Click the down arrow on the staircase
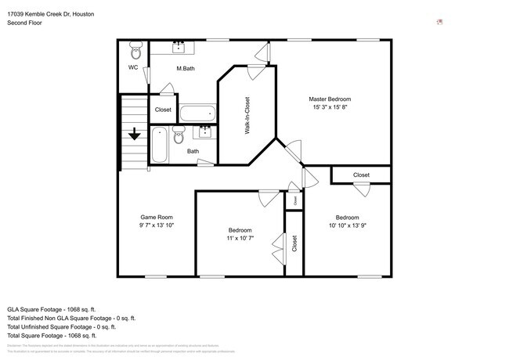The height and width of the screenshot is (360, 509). click(x=135, y=135)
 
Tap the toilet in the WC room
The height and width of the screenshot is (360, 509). click(x=135, y=52)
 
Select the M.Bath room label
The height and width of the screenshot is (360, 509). click(x=186, y=69)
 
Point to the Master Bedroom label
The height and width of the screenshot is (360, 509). click(x=330, y=99)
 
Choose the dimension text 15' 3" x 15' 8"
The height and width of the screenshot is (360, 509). click(x=330, y=108)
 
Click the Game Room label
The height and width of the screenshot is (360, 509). click(x=157, y=217)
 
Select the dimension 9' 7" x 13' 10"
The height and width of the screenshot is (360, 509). click(x=157, y=225)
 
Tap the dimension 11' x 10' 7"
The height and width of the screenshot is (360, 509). click(x=240, y=239)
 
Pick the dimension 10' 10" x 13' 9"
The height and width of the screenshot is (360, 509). click(x=347, y=225)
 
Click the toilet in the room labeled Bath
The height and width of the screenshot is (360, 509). click(x=178, y=135)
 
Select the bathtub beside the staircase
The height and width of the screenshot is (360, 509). click(x=159, y=146)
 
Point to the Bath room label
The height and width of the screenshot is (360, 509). click(x=193, y=151)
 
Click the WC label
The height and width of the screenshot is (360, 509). click(x=133, y=67)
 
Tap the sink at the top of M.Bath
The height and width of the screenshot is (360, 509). click(x=179, y=46)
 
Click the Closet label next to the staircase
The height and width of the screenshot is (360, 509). click(x=163, y=110)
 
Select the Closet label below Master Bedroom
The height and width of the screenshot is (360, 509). click(x=361, y=175)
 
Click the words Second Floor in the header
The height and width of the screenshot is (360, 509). click(x=24, y=23)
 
